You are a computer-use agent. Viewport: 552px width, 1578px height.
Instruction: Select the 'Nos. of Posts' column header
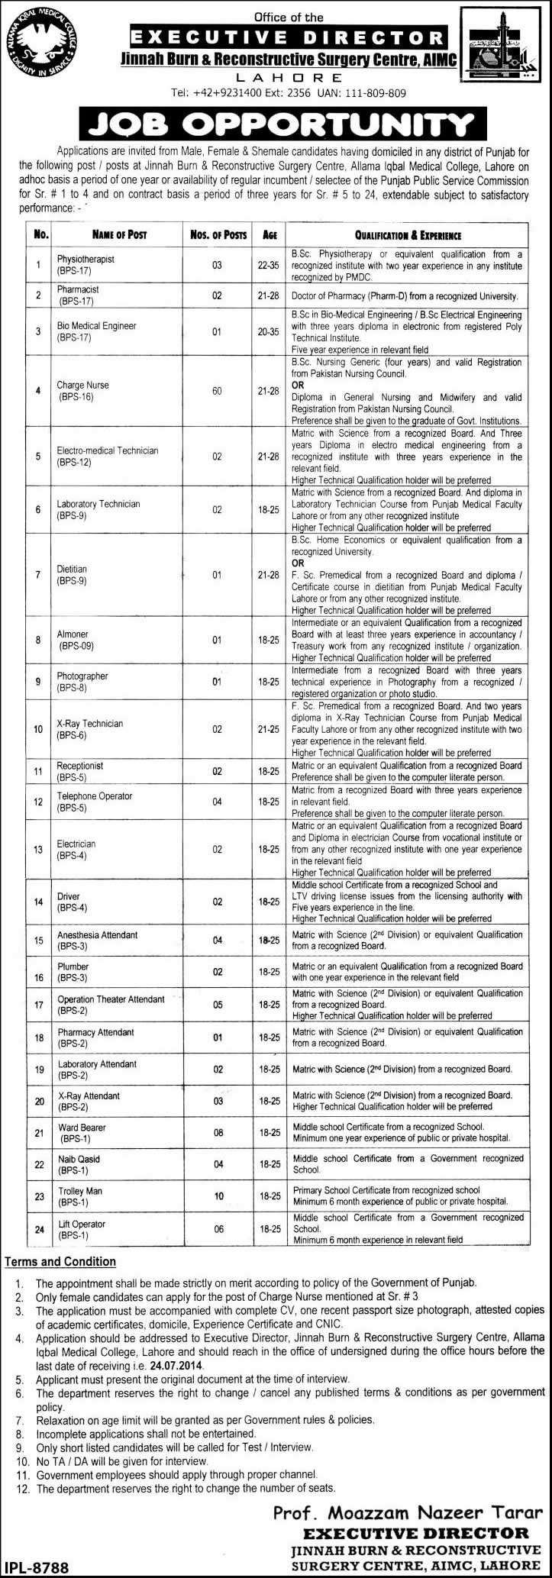point(218,234)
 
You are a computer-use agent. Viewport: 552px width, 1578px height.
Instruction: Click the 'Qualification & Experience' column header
point(408,235)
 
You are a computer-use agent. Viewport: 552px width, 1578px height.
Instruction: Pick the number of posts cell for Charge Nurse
point(218,391)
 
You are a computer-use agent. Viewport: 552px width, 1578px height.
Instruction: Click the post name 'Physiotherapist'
point(86,260)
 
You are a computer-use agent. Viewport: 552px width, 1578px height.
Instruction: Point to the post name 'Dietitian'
point(72,569)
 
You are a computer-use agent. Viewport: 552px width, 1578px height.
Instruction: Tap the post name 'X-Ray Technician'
point(89,723)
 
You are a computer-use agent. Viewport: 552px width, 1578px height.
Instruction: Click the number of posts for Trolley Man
point(218,1196)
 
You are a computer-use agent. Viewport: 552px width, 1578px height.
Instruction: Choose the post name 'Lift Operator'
point(82,1224)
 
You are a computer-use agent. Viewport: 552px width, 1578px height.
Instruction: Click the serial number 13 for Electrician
point(38,849)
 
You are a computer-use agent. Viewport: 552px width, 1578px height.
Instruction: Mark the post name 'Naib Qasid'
point(79,1159)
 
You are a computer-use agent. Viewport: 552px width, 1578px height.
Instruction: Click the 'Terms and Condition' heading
point(60,1262)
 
